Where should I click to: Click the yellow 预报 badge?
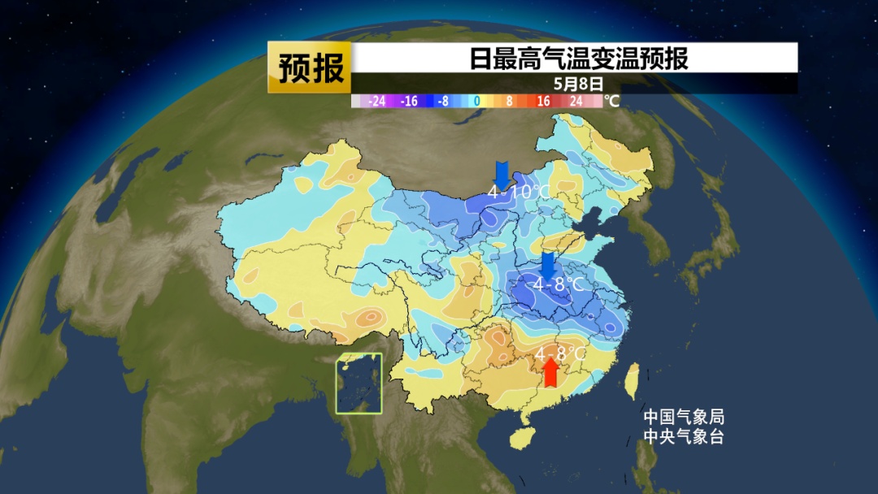point(310,67)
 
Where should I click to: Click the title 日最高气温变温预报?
point(579,59)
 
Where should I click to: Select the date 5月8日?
point(579,83)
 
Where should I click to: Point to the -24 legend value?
point(376,102)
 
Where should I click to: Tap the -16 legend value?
point(409,102)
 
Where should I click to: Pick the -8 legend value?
point(442,102)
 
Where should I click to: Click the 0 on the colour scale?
point(477,102)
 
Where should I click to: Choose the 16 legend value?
point(542,102)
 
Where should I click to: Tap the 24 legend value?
point(576,102)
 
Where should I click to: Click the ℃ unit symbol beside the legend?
point(611,102)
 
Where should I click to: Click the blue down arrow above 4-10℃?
point(502,173)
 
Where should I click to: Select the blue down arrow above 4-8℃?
point(549,265)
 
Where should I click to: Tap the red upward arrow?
point(551,373)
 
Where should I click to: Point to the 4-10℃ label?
point(519,193)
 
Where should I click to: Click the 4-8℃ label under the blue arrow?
point(559,284)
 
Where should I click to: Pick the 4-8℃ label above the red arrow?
point(560,354)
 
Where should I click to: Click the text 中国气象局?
point(683,417)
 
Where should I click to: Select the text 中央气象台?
point(683,436)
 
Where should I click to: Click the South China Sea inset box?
point(360,383)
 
